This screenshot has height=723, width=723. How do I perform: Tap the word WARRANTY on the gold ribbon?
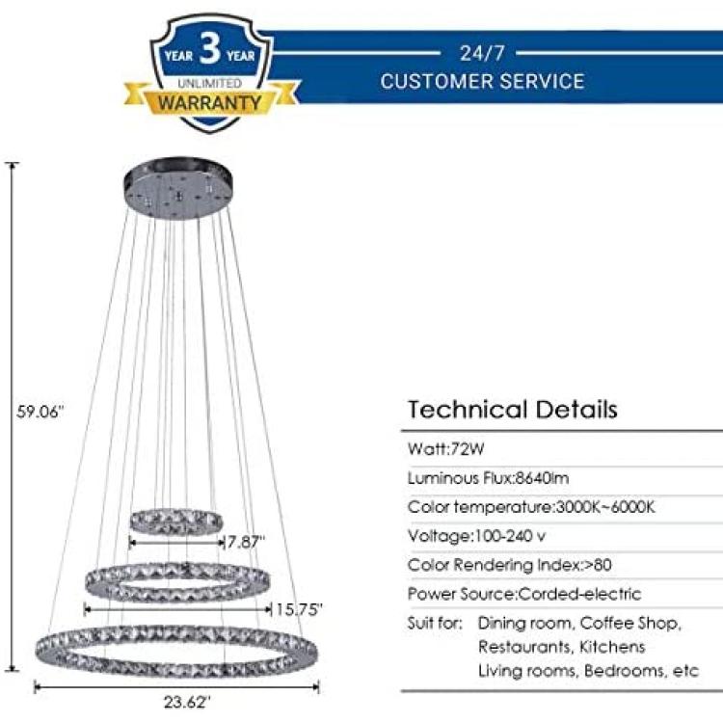coord(210,102)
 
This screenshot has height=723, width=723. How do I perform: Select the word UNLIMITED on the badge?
coord(210,83)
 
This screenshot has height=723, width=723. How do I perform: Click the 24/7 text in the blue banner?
coord(482,53)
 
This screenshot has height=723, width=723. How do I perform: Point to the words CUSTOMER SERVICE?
coord(482,81)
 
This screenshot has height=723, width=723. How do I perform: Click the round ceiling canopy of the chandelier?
coord(178,188)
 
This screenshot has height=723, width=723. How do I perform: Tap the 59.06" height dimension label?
coord(40,412)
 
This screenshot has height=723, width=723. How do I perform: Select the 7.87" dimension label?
coord(246,542)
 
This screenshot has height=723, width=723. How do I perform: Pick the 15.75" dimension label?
coord(299,609)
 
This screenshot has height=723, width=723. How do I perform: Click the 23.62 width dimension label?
coord(187,702)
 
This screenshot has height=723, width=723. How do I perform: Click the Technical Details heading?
coord(513,410)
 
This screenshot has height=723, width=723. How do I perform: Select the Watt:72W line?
coord(446,448)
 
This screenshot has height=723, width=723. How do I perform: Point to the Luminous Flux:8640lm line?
coord(489,478)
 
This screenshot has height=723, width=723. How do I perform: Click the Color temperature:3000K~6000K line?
coord(531,507)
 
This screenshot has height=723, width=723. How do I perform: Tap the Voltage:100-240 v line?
coord(477,536)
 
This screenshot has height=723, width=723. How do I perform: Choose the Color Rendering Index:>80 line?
coord(510,565)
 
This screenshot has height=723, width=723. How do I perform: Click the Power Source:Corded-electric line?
coord(524,594)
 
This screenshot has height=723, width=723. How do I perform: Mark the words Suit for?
coord(435,623)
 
